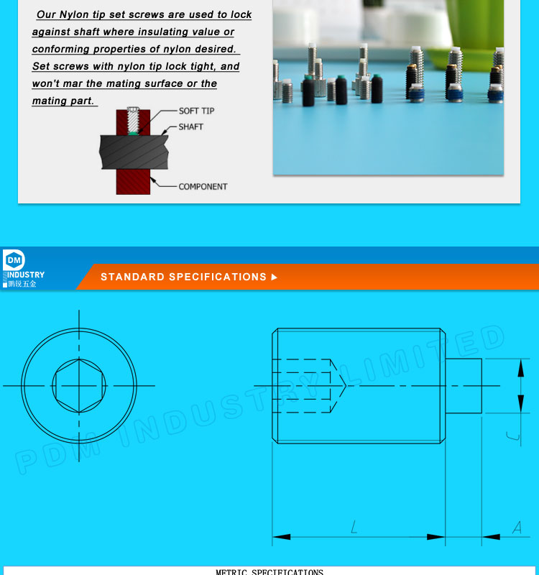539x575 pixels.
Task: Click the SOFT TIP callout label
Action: [196, 111]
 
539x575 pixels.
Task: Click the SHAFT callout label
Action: [190, 127]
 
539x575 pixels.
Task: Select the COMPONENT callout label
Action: [203, 187]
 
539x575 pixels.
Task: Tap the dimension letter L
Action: [354, 528]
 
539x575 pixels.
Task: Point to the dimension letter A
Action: [517, 528]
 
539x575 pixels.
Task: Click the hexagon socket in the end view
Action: [79, 386]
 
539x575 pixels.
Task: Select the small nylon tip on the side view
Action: [464, 386]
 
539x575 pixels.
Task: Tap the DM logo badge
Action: [14, 259]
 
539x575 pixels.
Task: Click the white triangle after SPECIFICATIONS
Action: [274, 277]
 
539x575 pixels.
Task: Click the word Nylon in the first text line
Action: [74, 14]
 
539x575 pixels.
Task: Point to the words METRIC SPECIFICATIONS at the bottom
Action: [269, 572]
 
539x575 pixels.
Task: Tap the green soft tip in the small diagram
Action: [133, 132]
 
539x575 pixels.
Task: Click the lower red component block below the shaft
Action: [133, 181]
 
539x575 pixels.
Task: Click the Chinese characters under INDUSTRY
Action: [22, 284]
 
